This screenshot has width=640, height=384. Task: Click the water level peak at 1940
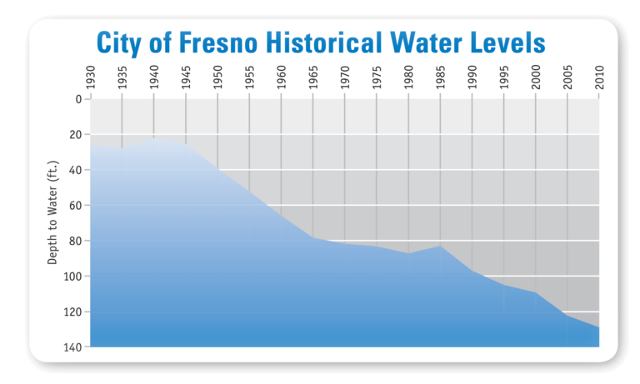coord(154,138)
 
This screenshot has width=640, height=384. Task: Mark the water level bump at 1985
coord(440,246)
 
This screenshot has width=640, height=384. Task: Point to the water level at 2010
coord(597,327)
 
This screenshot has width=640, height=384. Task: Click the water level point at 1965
coord(313,237)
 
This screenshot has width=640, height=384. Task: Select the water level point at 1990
coord(472,271)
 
